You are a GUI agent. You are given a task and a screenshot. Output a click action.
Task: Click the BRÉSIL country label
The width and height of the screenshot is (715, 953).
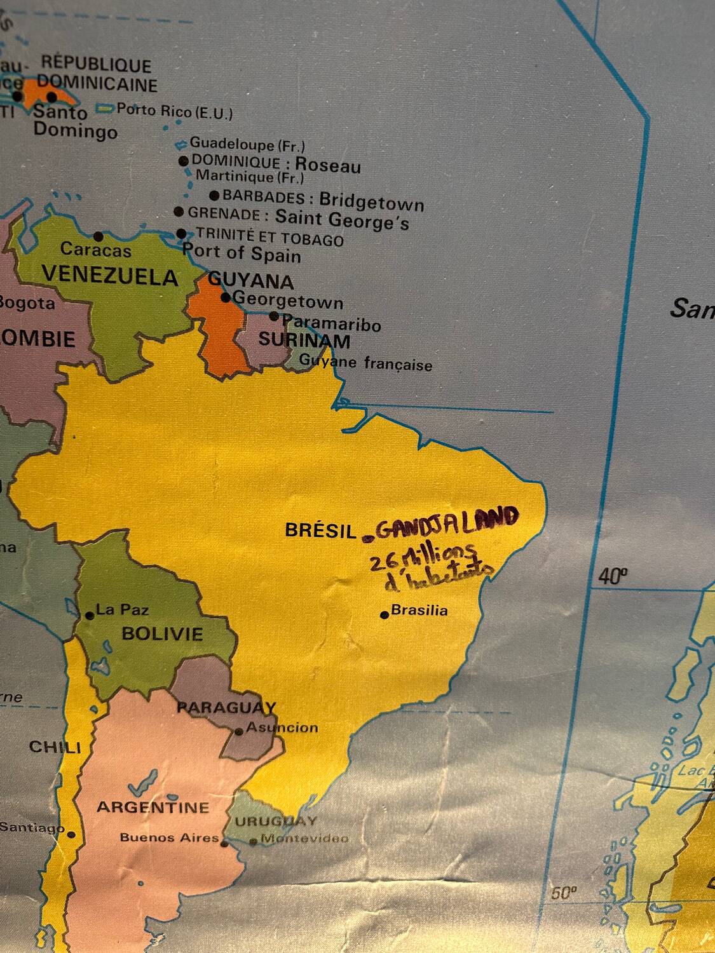tap(320, 531)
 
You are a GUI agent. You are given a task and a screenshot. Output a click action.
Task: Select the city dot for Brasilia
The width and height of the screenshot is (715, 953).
tap(385, 614)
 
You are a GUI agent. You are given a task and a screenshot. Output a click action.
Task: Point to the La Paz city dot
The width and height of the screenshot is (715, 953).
tap(90, 615)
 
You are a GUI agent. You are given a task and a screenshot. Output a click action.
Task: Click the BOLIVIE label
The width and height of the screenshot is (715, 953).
tap(163, 633)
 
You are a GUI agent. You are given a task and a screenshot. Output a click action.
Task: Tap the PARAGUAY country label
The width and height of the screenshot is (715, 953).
tap(226, 707)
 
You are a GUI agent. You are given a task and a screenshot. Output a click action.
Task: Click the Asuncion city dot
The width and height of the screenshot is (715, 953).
tap(239, 731)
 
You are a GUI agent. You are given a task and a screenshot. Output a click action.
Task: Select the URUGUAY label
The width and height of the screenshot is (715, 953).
tap(276, 821)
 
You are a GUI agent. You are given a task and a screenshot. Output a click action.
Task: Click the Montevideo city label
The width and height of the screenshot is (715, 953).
tap(304, 839)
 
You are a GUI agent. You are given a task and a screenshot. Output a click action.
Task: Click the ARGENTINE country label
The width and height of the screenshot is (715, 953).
tap(153, 808)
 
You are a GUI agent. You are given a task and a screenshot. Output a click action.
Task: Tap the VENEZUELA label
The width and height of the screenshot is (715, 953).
tap(110, 277)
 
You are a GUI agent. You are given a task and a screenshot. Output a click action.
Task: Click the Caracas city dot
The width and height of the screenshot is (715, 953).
tap(98, 236)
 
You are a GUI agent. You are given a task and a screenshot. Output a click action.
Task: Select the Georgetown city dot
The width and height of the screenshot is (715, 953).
tap(226, 297)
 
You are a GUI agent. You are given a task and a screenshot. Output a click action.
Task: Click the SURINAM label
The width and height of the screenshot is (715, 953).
tap(304, 341)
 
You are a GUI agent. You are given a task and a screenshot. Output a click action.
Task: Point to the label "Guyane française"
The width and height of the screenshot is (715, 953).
tap(365, 363)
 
